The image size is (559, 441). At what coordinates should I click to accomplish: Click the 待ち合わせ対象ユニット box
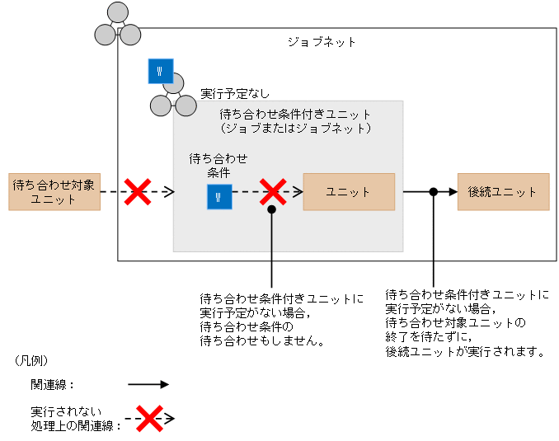click(x=54, y=192)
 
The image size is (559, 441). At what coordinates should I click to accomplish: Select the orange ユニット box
click(x=349, y=191)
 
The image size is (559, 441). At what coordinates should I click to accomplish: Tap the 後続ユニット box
click(x=503, y=191)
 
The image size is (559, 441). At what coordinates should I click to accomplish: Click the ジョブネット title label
click(x=321, y=41)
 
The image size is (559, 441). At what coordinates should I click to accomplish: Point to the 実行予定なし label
click(x=235, y=94)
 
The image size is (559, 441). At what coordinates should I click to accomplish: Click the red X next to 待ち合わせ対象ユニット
click(x=136, y=192)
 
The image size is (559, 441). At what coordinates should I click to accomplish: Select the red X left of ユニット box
click(x=272, y=192)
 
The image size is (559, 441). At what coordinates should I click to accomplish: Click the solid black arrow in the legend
click(x=148, y=384)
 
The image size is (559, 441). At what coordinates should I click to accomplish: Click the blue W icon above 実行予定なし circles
click(x=160, y=71)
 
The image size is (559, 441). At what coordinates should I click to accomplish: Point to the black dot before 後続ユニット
click(x=433, y=192)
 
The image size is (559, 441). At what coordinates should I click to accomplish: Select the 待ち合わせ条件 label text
click(x=218, y=165)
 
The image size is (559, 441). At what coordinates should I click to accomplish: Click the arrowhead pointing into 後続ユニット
click(x=452, y=192)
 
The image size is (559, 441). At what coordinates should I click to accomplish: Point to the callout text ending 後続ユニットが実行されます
click(x=467, y=322)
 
